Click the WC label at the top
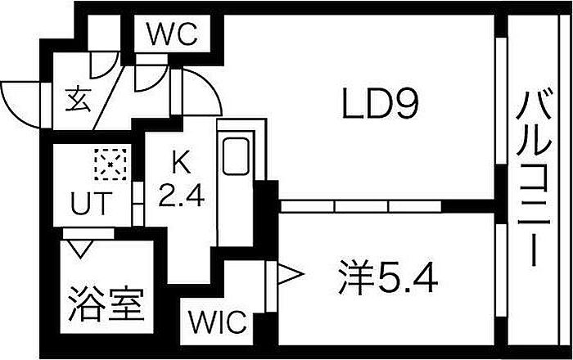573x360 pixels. click(173, 35)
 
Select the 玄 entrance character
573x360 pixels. click(78, 101)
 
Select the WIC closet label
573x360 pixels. click(219, 322)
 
